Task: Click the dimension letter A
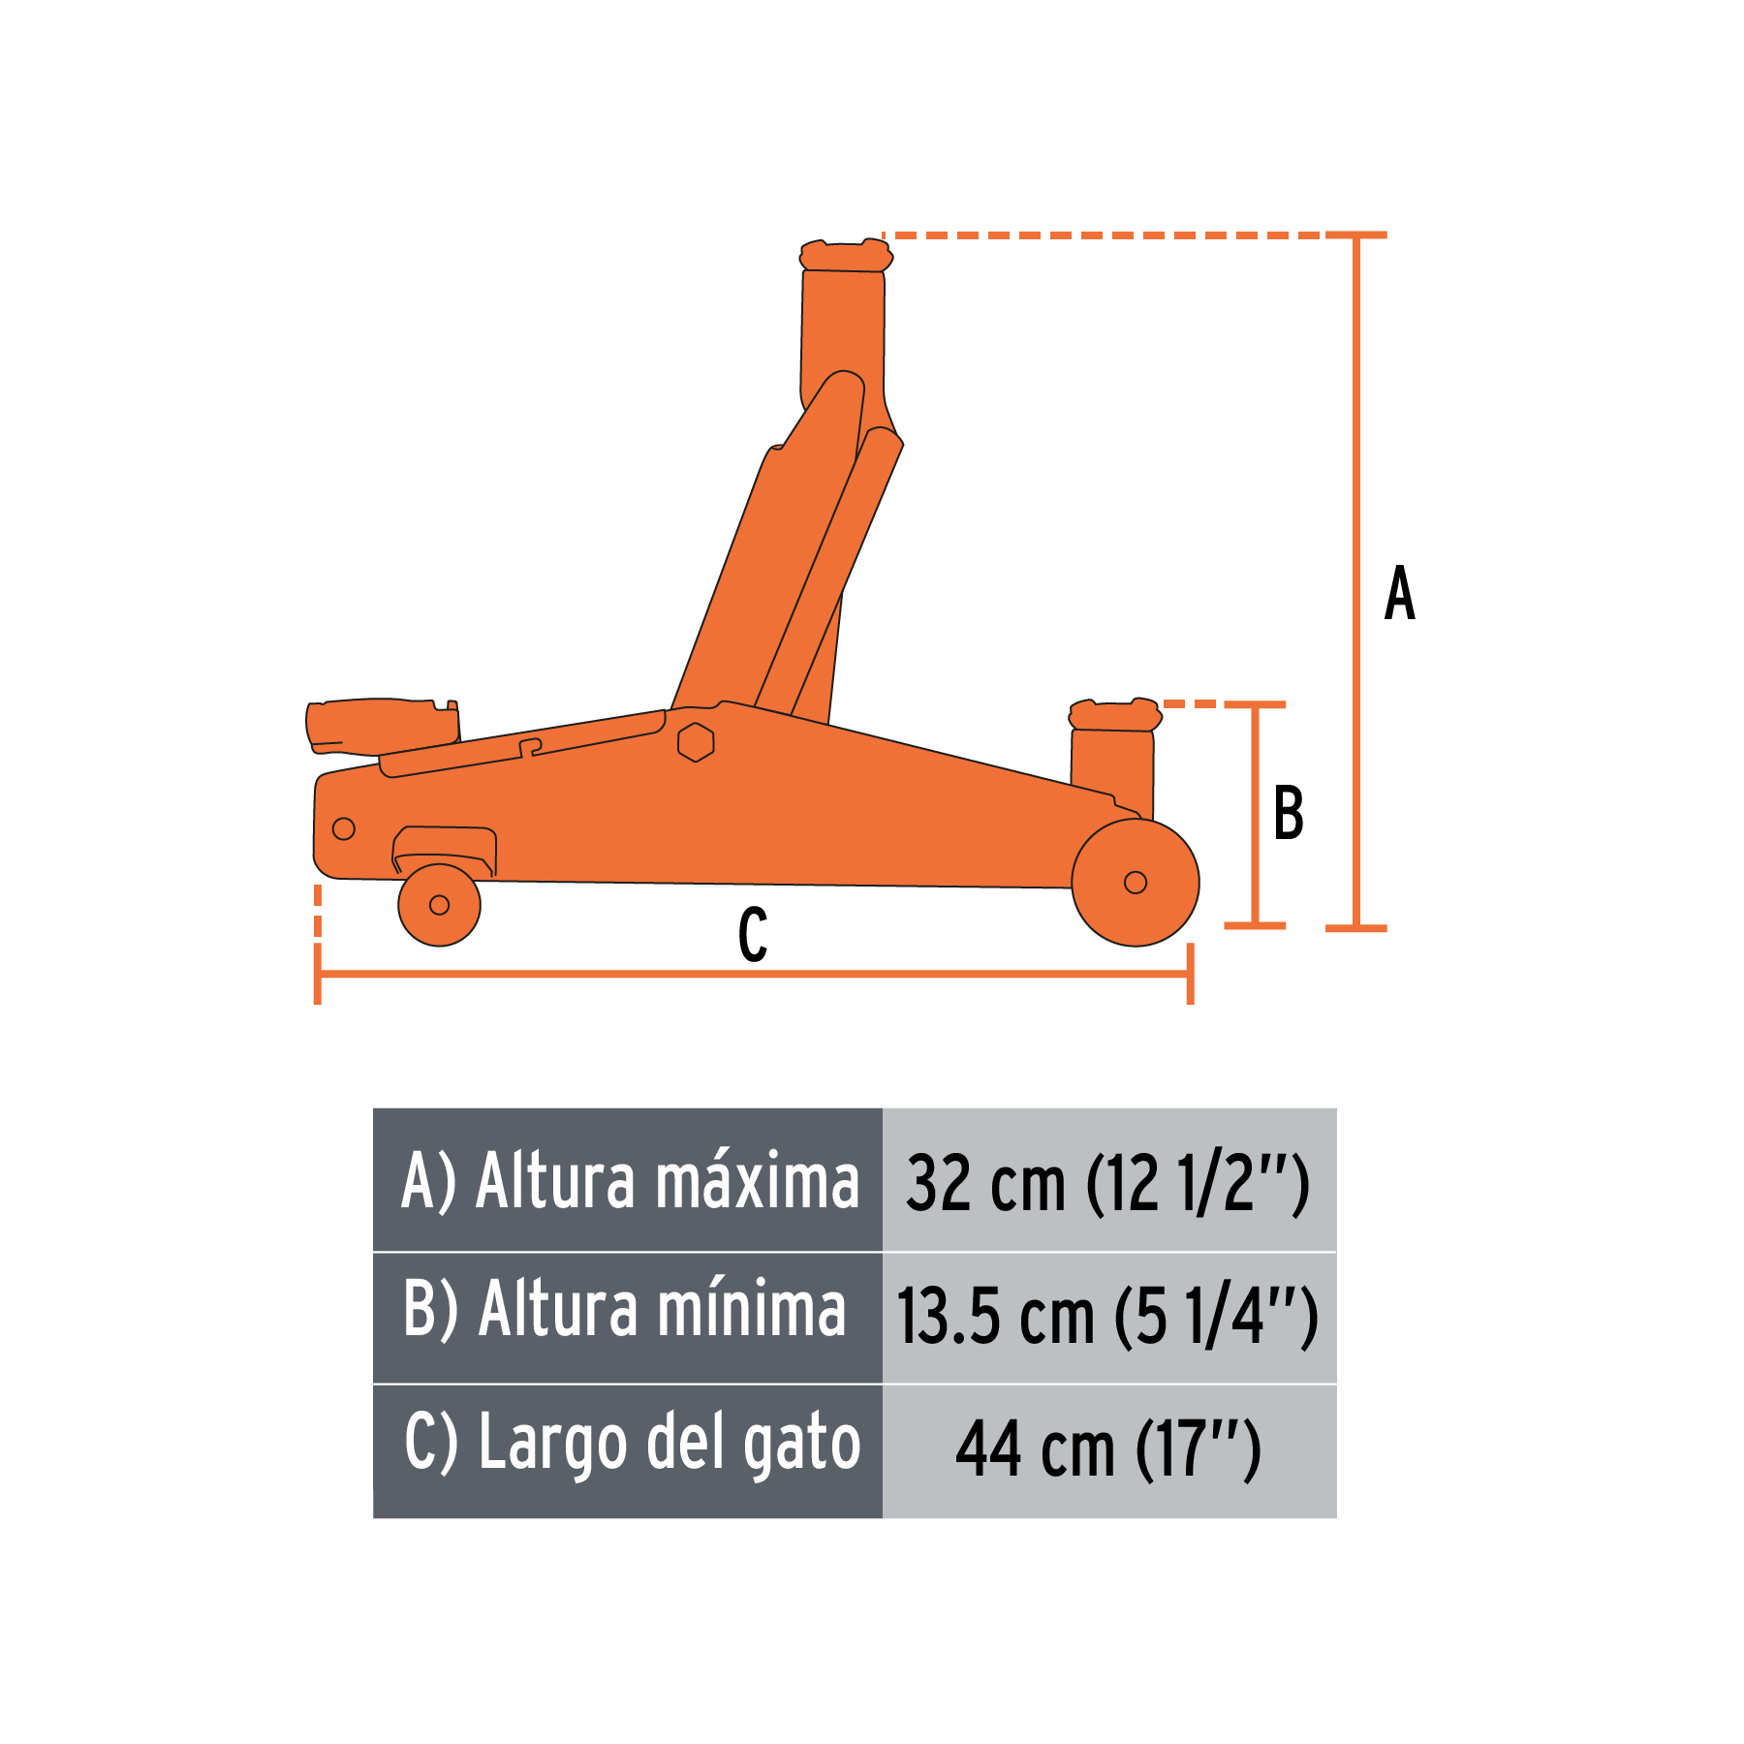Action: (1399, 593)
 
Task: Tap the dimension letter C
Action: (753, 935)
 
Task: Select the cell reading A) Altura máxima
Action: (628, 1180)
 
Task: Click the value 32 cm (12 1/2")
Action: (1108, 1182)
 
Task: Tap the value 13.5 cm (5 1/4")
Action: (1108, 1314)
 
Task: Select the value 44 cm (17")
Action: (1108, 1448)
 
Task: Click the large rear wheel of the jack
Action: (1136, 882)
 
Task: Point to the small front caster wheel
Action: (439, 905)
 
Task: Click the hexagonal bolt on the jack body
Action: (696, 742)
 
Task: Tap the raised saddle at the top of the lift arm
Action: (845, 257)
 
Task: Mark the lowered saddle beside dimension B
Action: (1114, 716)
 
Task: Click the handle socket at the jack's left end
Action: (382, 725)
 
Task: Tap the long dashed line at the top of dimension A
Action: (1105, 235)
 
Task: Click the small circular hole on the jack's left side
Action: (343, 828)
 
